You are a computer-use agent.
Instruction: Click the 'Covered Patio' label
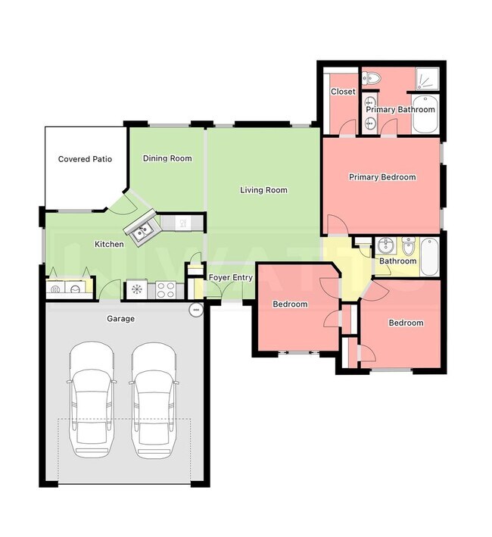[x=85, y=159]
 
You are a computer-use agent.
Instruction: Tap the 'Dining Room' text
[x=167, y=158]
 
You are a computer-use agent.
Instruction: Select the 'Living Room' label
[x=263, y=190]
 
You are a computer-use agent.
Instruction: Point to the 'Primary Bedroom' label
[x=381, y=177]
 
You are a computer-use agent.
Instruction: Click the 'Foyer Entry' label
[x=231, y=278]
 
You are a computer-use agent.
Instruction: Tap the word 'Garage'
[x=120, y=319]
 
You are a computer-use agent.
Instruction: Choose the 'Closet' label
[x=343, y=92]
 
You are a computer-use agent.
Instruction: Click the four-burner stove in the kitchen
[x=166, y=289]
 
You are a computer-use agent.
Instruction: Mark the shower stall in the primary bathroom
[x=428, y=79]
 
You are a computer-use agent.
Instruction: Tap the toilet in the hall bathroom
[x=408, y=247]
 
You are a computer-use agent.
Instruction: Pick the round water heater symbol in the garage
[x=195, y=310]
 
